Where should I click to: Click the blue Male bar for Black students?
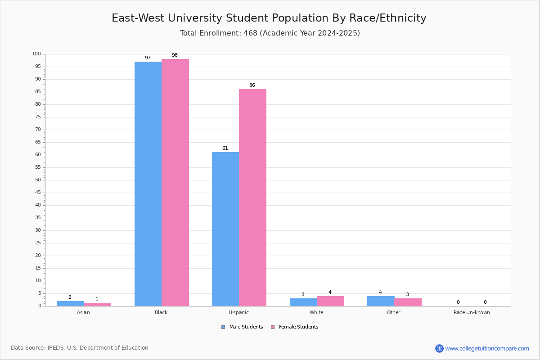coord(148,184)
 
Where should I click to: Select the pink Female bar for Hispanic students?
coord(252,198)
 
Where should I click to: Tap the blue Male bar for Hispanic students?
coord(225,229)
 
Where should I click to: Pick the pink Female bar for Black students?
coord(175,183)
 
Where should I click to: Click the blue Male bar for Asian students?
coord(70,304)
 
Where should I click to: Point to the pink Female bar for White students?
coord(330,301)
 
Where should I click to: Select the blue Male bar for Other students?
coord(381,301)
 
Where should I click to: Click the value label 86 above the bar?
coord(252,85)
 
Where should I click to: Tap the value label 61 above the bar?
coord(225,148)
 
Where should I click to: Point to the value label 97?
coord(148,58)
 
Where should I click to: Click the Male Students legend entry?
coord(242,327)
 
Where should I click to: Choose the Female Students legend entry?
coord(295,327)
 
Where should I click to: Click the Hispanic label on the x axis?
coord(238,312)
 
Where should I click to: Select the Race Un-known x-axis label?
coord(472,312)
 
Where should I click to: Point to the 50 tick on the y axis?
coord(38,180)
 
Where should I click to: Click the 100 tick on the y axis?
coord(36,54)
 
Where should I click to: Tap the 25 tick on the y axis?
coord(38,243)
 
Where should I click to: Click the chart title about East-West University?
coord(269,18)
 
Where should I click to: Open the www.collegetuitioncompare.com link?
coord(487,348)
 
